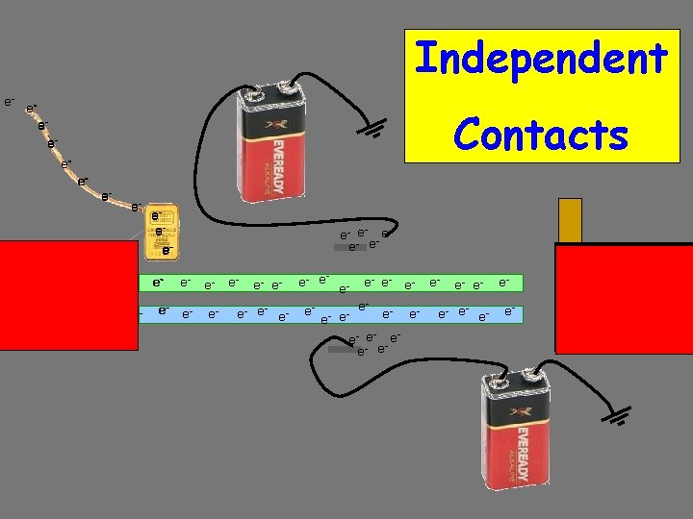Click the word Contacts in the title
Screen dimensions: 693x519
click(541, 135)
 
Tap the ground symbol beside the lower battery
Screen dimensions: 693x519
click(621, 415)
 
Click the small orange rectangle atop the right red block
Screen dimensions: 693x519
click(571, 220)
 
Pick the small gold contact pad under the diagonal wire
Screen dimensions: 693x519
click(161, 232)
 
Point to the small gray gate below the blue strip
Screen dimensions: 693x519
click(342, 350)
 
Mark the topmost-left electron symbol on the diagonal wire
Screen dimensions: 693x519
click(9, 100)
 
